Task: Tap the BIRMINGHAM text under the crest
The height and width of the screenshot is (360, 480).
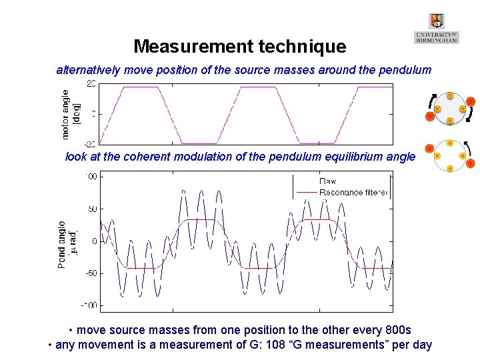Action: point(437,40)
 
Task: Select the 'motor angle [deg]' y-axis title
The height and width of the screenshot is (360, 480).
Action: point(71,114)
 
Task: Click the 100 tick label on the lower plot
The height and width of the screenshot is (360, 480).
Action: point(91,177)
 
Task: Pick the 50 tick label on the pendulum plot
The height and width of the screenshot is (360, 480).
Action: point(93,209)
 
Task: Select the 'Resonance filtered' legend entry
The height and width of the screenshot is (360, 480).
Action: point(353,193)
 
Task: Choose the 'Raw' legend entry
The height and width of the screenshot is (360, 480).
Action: point(328,181)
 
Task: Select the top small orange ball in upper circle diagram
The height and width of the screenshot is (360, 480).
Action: point(450,96)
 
